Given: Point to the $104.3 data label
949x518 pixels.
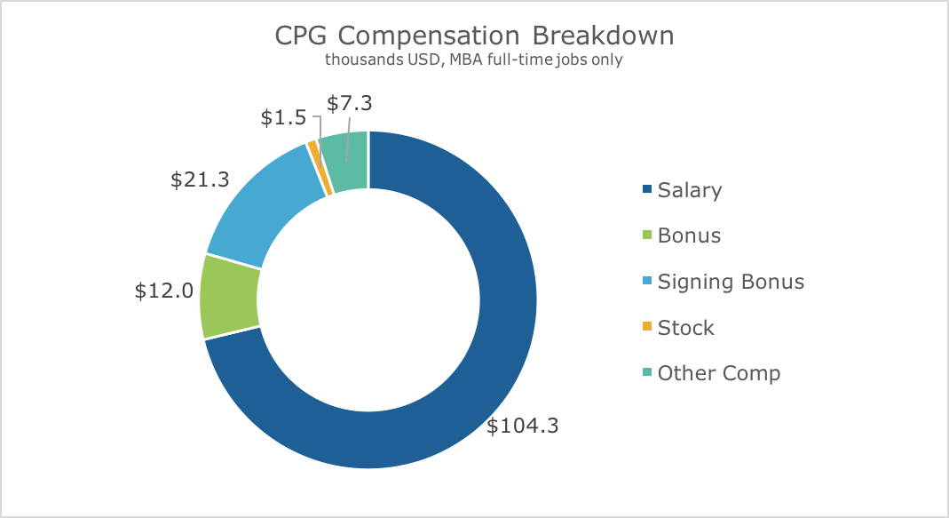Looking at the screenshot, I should pos(523,426).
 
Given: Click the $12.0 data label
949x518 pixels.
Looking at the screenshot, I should pos(164,291).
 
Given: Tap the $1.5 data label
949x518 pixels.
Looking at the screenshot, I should pos(284,118).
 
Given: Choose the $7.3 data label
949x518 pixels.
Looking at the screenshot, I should pos(349,103).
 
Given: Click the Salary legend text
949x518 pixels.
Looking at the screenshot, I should pos(690,190).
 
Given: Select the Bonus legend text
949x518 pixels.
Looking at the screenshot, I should pos(689,235).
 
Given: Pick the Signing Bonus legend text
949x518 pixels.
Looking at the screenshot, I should pos(731,282).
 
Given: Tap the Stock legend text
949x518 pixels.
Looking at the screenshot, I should pos(685,328).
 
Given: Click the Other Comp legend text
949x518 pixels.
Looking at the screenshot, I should pos(719,373).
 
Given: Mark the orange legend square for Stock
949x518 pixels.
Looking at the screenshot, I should pos(646,327).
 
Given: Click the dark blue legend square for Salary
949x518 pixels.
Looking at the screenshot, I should pos(646,189).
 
